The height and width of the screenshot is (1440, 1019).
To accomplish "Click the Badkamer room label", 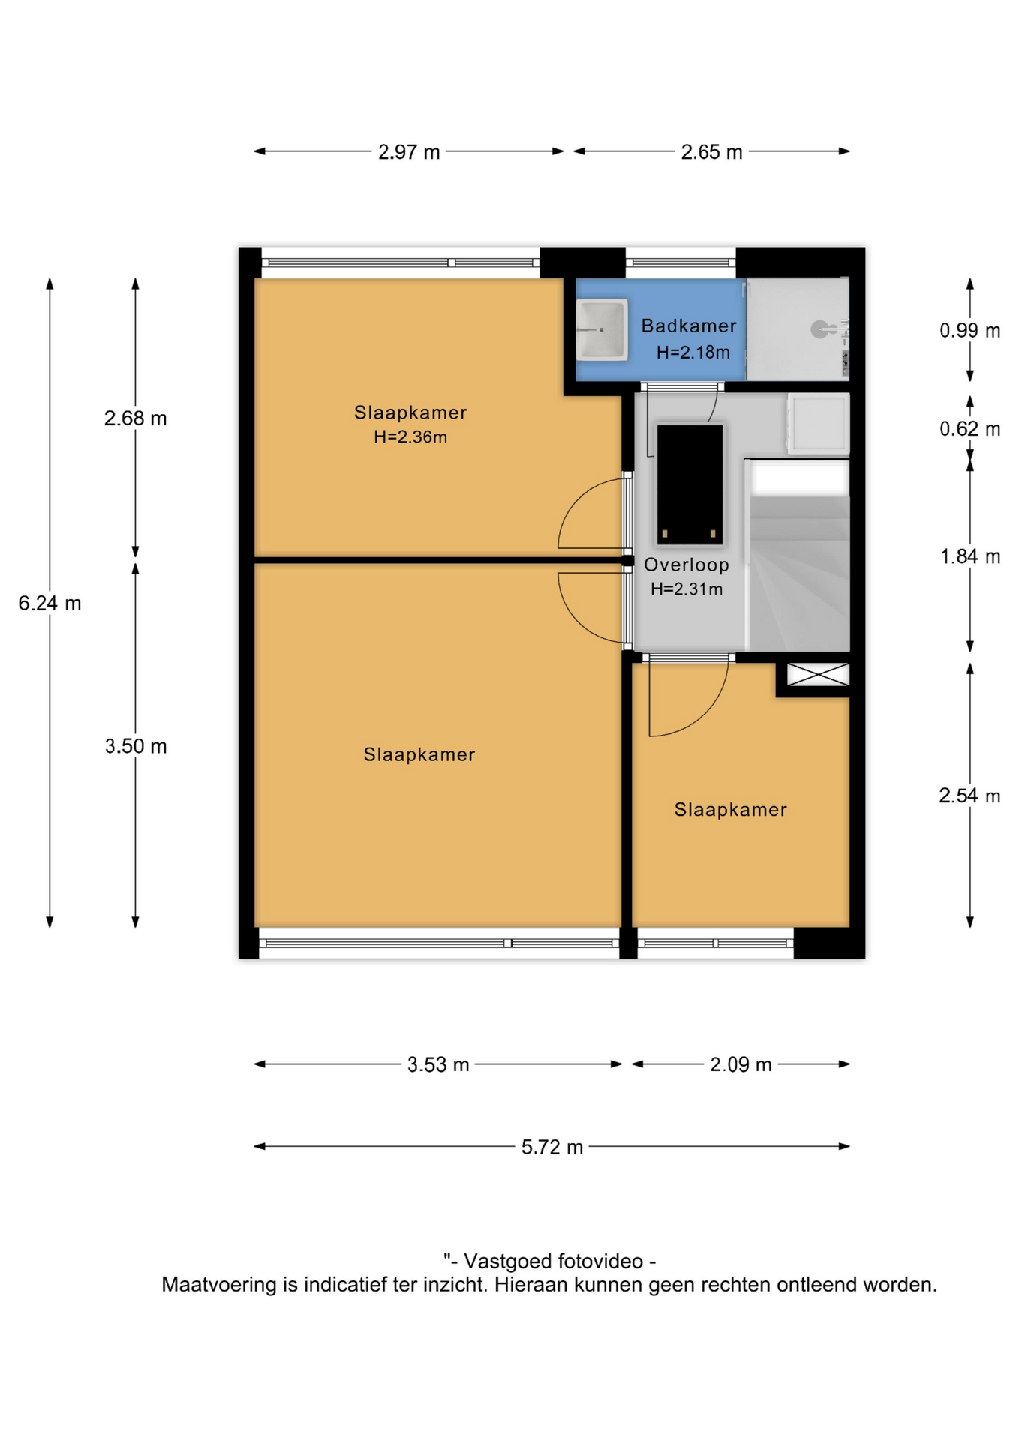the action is coord(688,325).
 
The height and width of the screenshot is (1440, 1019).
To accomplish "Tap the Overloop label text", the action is coord(686,565).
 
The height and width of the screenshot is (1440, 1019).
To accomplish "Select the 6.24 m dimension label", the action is coord(50,603).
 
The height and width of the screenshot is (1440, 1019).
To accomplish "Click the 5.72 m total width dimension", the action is coord(552,1147).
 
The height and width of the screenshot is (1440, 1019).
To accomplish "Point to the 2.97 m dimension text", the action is coord(409,152).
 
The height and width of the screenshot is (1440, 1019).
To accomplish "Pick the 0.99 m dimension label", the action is coord(969,330).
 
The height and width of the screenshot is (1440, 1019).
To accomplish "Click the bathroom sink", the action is coord(601,329).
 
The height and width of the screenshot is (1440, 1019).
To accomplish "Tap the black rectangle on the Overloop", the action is coord(690,484).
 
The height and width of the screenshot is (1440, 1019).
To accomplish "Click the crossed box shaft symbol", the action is coord(818,674).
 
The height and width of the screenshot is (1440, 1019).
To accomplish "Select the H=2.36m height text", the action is coord(410,437).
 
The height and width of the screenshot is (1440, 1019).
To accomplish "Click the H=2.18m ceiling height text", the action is coord(693,352).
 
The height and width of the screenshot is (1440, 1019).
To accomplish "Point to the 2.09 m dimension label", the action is coord(741,1064).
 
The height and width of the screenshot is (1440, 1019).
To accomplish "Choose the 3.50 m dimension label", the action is coord(136,746).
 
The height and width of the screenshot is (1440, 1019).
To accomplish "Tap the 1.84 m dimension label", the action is coord(969,556).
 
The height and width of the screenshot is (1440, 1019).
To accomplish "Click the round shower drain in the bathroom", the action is coord(819,328).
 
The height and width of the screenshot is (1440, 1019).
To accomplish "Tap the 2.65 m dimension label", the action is coord(711,152).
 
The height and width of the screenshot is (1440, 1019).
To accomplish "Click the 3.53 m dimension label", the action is coord(438,1064).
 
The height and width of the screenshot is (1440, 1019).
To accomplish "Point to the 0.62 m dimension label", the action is coord(969,429).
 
